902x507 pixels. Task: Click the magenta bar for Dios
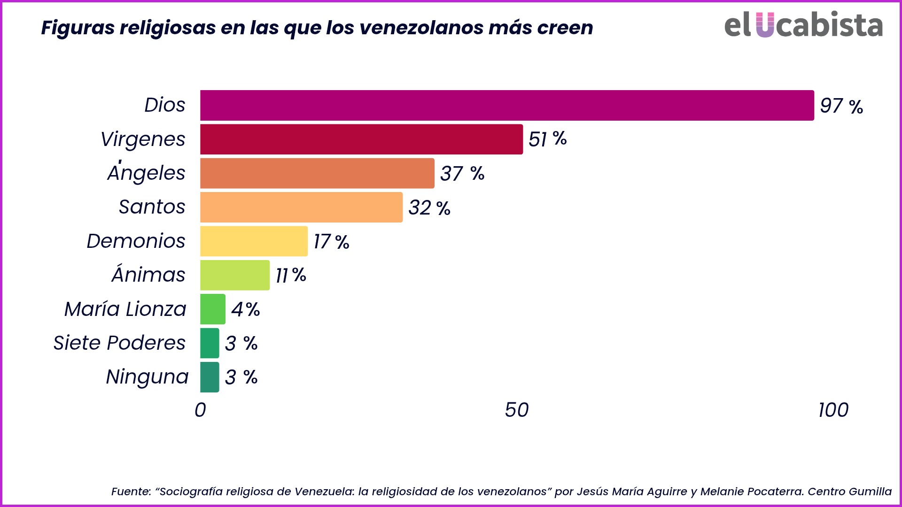pyautogui.click(x=506, y=106)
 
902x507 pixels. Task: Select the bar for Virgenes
pyautogui.click(x=361, y=139)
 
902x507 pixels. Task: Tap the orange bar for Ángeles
pyautogui.click(x=317, y=173)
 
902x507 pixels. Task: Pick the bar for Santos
pyautogui.click(x=301, y=207)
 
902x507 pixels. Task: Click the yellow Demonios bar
pyautogui.click(x=254, y=241)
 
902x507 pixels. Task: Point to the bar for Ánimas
pyautogui.click(x=235, y=275)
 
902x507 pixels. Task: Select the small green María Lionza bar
pyautogui.click(x=213, y=309)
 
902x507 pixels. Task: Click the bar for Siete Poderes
pyautogui.click(x=210, y=343)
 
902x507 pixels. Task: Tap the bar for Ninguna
pyautogui.click(x=210, y=377)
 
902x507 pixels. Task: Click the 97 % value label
pyautogui.click(x=841, y=106)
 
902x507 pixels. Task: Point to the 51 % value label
pyautogui.click(x=547, y=139)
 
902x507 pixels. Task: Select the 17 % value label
pyautogui.click(x=331, y=242)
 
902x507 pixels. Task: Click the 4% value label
pyautogui.click(x=245, y=309)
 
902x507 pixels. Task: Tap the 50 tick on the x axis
pyautogui.click(x=516, y=410)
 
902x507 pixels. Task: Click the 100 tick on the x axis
pyautogui.click(x=833, y=410)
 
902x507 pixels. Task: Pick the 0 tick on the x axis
pyautogui.click(x=200, y=410)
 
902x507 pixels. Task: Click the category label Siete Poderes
pyautogui.click(x=119, y=343)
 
